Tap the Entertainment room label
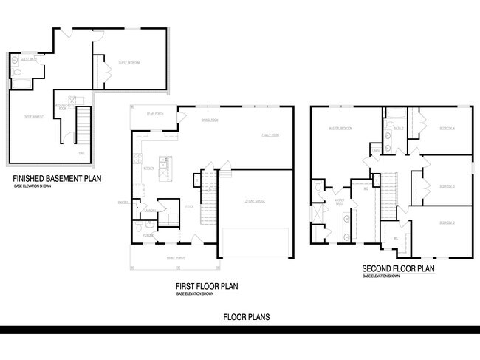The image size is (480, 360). [33, 117]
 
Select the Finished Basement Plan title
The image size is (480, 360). [57, 178]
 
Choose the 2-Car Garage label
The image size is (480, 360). [256, 201]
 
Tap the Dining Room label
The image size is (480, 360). [210, 120]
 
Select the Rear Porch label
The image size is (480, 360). [154, 114]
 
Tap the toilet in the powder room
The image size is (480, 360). [139, 230]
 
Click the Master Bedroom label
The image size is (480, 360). [340, 128]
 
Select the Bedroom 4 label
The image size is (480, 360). [447, 128]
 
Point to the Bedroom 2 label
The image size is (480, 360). [447, 222]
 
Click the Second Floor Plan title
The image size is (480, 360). [398, 268]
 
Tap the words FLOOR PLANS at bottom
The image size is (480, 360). [247, 317]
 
